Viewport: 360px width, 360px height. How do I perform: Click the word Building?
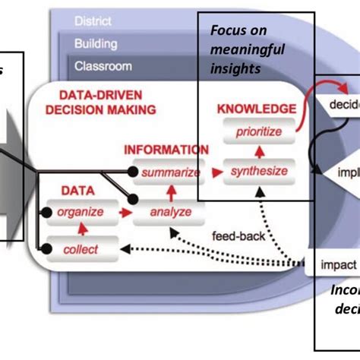96,44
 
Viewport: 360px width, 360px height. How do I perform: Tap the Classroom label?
103,67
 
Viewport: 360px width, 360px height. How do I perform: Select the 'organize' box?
80,212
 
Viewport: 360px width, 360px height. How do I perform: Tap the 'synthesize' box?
258,171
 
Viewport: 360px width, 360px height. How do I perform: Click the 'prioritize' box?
257,131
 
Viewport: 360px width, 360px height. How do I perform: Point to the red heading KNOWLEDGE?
257,109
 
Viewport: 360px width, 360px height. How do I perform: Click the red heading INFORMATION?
166,150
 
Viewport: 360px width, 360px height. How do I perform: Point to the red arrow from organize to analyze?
122,213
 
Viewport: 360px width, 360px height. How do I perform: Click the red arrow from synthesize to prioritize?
257,152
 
